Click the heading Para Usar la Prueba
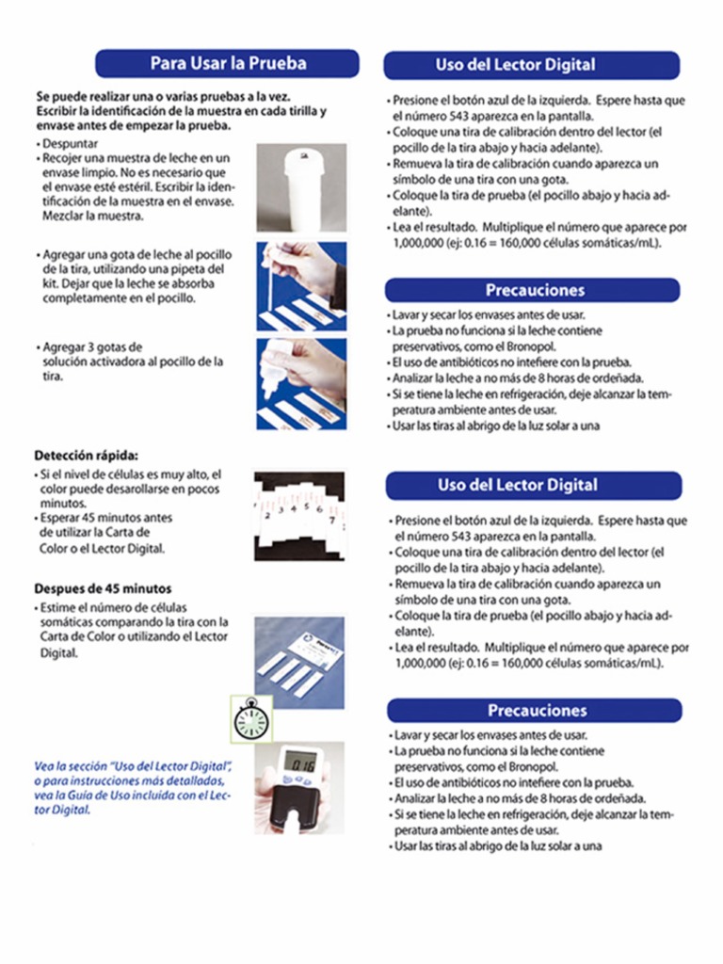click(x=228, y=64)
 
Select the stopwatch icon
click(x=251, y=719)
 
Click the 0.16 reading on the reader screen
click(x=300, y=765)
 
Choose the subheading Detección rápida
click(x=86, y=455)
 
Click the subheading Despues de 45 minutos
click(x=103, y=588)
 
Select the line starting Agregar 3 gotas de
click(x=93, y=346)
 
